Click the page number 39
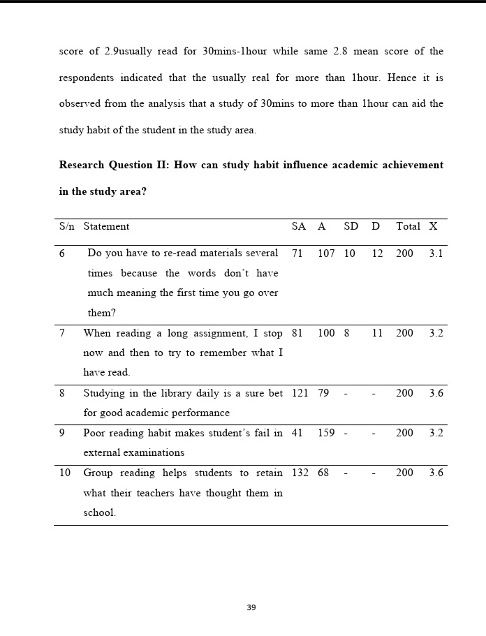pyautogui.click(x=251, y=607)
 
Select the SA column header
pyautogui.click(x=299, y=226)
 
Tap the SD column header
pyautogui.click(x=351, y=226)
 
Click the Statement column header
pyautogui.click(x=106, y=226)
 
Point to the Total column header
pyautogui.click(x=408, y=226)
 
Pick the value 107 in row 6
pyautogui.click(x=326, y=253)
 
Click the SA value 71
pyautogui.click(x=297, y=253)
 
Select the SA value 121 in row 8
pyautogui.click(x=300, y=393)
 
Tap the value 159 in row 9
pyautogui.click(x=326, y=433)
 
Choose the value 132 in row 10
pyautogui.click(x=300, y=473)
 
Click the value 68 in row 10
pyautogui.click(x=323, y=473)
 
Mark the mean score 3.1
pyautogui.click(x=436, y=253)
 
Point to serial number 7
pyautogui.click(x=62, y=333)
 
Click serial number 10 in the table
pyautogui.click(x=65, y=473)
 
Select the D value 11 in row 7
pyautogui.click(x=377, y=333)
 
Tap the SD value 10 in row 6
pyautogui.click(x=349, y=253)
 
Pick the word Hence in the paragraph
pyautogui.click(x=401, y=77)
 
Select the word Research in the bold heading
pyautogui.click(x=82, y=165)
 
